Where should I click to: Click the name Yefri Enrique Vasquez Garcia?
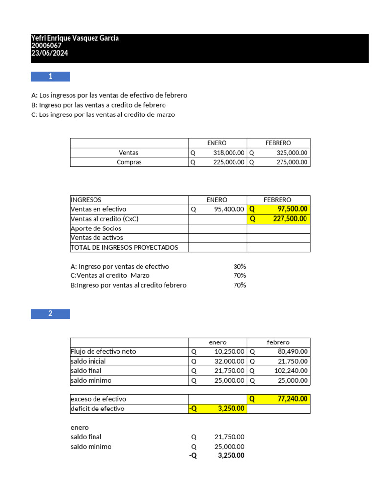[75, 38]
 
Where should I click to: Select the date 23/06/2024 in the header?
[49, 53]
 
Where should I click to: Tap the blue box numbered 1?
[50, 77]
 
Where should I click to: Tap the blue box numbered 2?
[50, 314]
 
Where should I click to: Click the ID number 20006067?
[47, 46]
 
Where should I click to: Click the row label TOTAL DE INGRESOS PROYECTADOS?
[125, 248]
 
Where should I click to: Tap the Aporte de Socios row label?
[96, 228]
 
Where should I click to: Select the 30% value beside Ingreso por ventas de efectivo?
[239, 267]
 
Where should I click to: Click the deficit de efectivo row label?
[98, 409]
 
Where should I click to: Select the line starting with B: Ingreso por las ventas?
[98, 105]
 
